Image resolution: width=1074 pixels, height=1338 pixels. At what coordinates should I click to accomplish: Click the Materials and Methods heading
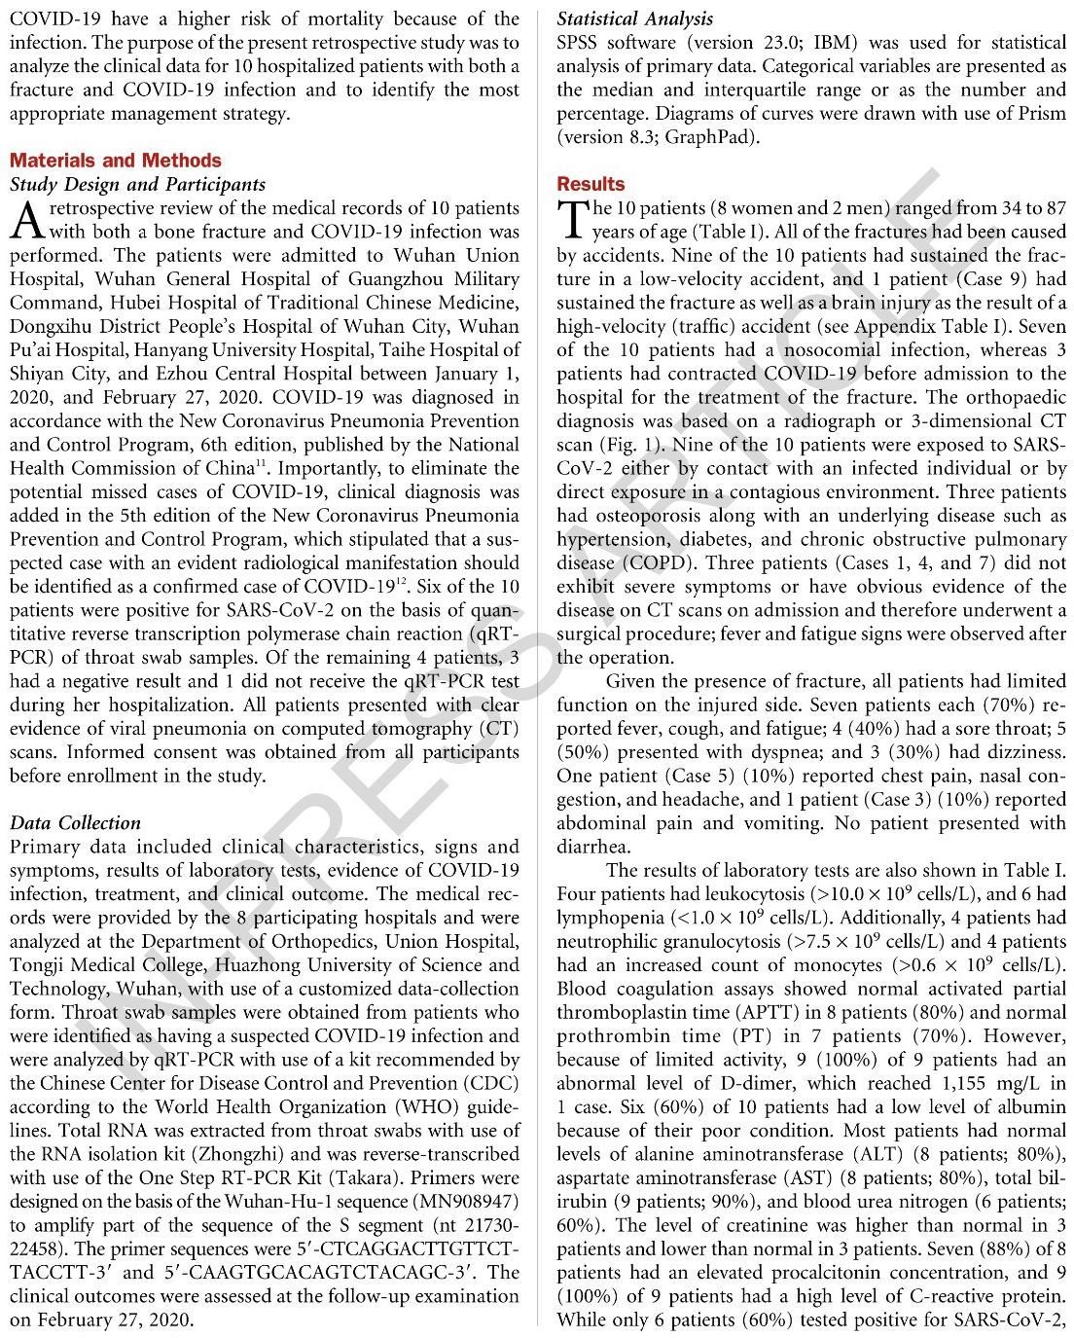tap(116, 161)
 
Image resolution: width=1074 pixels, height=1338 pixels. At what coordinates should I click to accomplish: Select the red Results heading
tap(591, 184)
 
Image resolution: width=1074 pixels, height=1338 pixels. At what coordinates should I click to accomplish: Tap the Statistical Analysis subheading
tap(634, 18)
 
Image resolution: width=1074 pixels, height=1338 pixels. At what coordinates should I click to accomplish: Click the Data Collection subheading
tap(75, 823)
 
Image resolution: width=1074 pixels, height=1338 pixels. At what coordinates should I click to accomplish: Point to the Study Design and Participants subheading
tap(137, 184)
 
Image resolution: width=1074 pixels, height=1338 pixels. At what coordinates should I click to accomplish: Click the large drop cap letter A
tap(26, 220)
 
